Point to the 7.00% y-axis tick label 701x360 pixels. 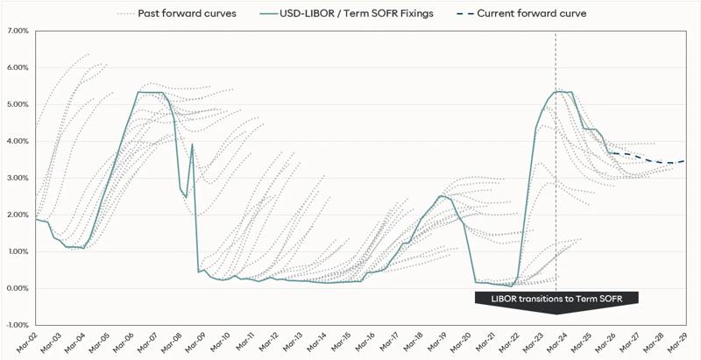(18, 31)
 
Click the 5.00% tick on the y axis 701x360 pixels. (18, 104)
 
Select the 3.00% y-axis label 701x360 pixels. (18, 178)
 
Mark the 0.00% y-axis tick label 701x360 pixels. (18, 288)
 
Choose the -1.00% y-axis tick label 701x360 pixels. (17, 325)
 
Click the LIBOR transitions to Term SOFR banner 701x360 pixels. (557, 299)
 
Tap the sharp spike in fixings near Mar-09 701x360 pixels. (192, 145)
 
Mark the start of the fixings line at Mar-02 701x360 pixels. (35, 219)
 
